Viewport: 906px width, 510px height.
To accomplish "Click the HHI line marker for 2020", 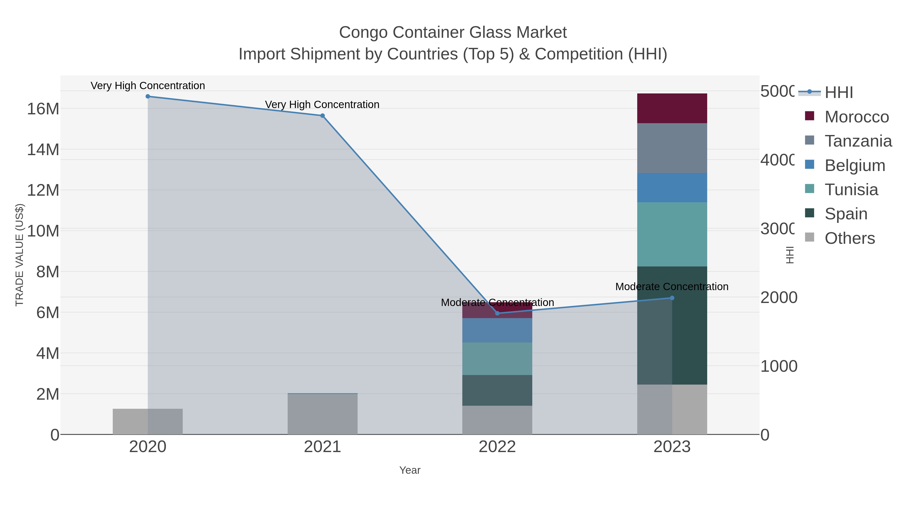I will pos(148,96).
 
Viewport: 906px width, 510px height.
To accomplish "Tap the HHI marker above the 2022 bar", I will pos(497,313).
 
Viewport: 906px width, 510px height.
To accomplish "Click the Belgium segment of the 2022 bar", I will pos(497,330).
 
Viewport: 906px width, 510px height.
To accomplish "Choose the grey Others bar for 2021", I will pos(323,414).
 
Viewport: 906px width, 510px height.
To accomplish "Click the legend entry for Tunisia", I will pos(851,190).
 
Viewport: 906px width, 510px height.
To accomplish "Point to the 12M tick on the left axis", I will pos(43,190).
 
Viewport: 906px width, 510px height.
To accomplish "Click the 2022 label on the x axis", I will pos(497,447).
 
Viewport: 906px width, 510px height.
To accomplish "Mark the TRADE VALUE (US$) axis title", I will pos(19,255).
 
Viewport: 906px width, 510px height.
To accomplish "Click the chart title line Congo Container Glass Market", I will pos(453,32).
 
